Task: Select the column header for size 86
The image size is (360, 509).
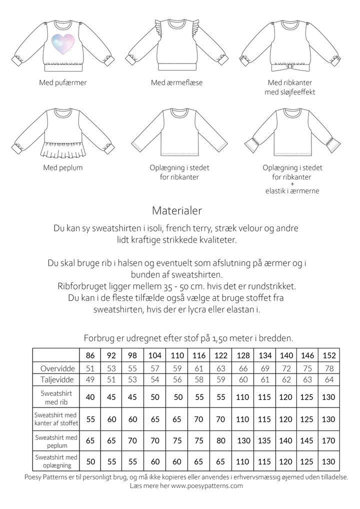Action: (90, 355)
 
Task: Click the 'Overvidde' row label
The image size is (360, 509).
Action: (57, 368)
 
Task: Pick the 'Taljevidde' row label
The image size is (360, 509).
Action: (57, 379)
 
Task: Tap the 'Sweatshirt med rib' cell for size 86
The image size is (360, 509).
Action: (90, 397)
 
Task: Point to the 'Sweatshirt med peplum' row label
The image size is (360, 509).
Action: (55, 441)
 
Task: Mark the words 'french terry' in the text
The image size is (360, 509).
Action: (188, 228)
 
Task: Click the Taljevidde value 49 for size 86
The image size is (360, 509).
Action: (90, 379)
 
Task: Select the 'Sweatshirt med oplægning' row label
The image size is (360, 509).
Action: (55, 461)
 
